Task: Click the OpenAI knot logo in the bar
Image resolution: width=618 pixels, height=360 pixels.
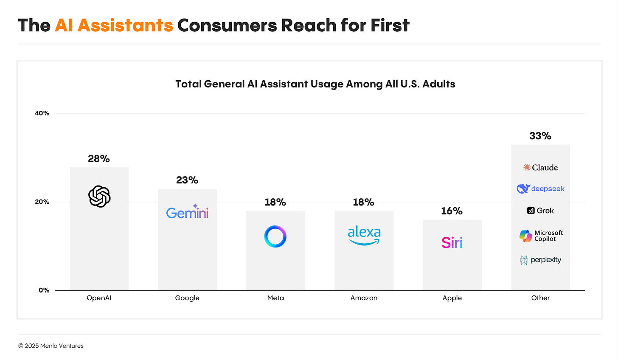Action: tap(99, 196)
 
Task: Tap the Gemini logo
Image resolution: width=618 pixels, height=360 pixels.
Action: tap(187, 212)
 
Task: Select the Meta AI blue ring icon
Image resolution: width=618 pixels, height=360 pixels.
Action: tap(275, 236)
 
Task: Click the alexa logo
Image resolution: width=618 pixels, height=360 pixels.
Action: tap(364, 236)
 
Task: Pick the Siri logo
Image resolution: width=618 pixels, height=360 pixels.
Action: tap(452, 242)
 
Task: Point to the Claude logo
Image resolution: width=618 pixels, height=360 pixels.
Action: tap(540, 168)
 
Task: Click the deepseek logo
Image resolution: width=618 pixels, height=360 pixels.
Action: tap(540, 189)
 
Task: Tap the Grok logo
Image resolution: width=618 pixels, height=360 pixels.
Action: tap(540, 211)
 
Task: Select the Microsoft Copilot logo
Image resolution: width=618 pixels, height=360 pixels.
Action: tap(541, 236)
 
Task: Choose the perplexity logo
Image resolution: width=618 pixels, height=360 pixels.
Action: tap(540, 260)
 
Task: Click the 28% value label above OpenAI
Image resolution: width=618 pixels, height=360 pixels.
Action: tap(99, 159)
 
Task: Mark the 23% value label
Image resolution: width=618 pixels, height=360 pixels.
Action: tap(187, 180)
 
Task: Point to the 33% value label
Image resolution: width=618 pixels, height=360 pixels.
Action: tap(540, 136)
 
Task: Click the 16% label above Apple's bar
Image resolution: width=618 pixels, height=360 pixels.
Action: tap(452, 211)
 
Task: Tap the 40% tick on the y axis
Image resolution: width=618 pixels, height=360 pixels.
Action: tap(42, 113)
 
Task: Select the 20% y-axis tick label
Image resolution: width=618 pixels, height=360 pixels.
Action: tap(42, 202)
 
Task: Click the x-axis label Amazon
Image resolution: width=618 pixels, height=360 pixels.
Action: tap(364, 298)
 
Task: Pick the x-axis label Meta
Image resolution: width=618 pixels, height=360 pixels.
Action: tap(275, 298)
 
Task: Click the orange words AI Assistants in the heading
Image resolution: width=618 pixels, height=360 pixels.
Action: tap(114, 25)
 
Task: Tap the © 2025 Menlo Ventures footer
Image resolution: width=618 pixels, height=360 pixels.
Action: tap(51, 346)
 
